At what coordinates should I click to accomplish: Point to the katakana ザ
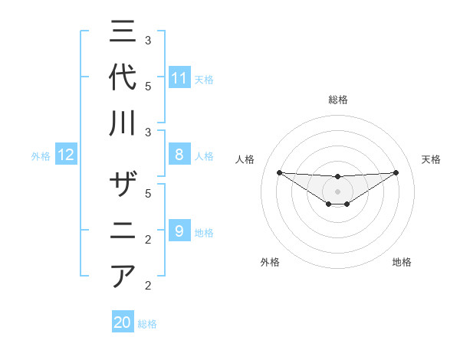point(123,186)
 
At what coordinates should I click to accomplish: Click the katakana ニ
point(123,231)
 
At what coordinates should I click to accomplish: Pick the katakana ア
point(123,276)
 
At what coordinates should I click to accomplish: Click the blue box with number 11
point(179,78)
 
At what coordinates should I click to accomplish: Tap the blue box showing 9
point(179,231)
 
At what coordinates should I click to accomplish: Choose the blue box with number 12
point(66,155)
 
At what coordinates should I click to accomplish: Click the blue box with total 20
point(123,322)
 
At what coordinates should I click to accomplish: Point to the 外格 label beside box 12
point(41,156)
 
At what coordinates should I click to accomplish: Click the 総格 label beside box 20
point(148,324)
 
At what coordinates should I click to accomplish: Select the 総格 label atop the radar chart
point(337,100)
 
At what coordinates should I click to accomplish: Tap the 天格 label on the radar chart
point(431,159)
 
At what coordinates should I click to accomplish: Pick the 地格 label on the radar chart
point(402,262)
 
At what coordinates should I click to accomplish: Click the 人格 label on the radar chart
point(245,159)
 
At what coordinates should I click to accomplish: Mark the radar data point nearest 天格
point(396,172)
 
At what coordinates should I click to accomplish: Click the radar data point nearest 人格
point(279,172)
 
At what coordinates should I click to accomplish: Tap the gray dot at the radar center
point(337,191)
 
